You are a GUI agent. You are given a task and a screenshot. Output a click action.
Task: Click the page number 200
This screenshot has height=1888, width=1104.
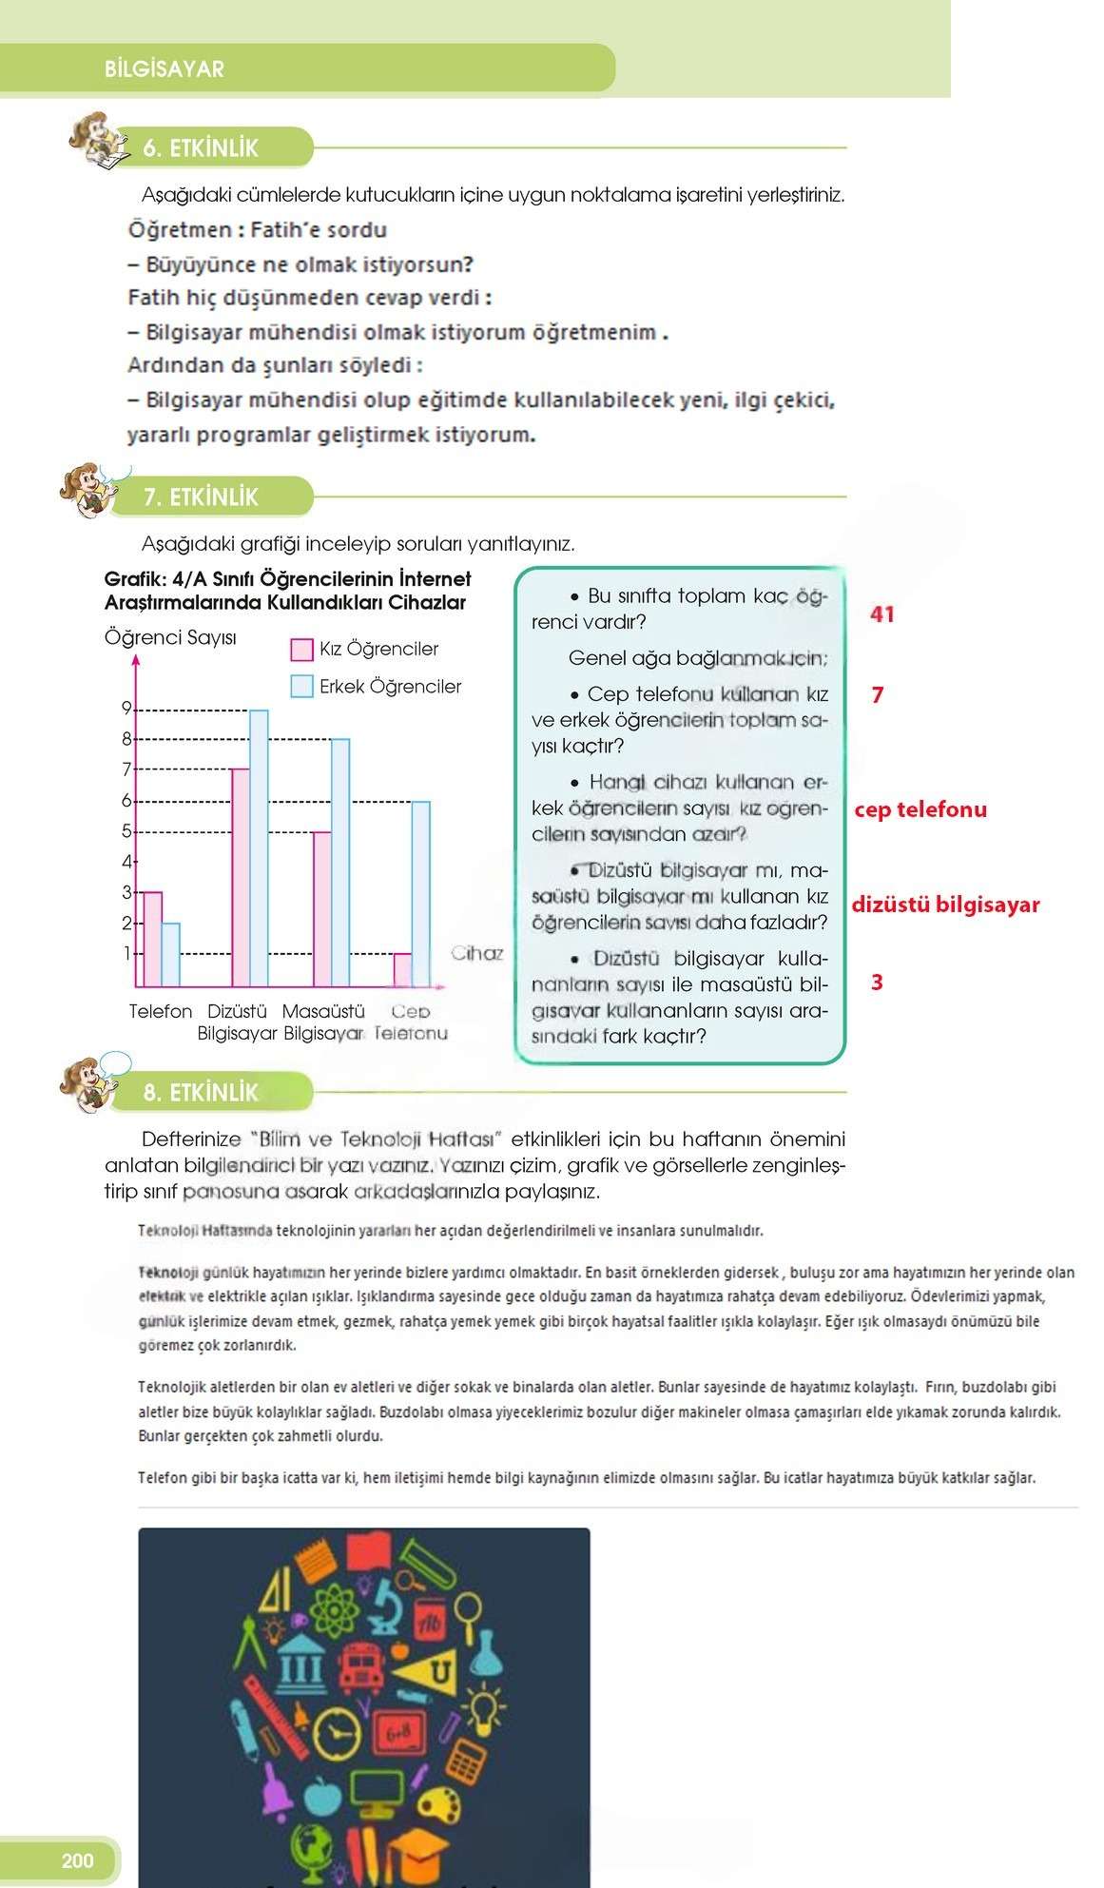pyautogui.click(x=77, y=1860)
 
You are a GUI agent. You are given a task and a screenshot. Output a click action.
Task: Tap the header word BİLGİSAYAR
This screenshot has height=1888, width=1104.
pyautogui.click(x=165, y=69)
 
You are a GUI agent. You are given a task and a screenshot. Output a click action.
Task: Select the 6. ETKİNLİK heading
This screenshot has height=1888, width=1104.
pyautogui.click(x=201, y=148)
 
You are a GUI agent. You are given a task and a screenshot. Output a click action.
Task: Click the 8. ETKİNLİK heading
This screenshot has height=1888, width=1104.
pyautogui.click(x=201, y=1093)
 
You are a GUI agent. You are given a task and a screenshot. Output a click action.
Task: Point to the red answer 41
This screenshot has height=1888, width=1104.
pyautogui.click(x=881, y=614)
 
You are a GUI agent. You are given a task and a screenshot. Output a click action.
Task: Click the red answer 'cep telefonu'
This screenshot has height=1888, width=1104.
pyautogui.click(x=920, y=809)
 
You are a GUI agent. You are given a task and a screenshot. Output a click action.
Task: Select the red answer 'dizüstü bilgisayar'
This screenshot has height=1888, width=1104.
pyautogui.click(x=944, y=905)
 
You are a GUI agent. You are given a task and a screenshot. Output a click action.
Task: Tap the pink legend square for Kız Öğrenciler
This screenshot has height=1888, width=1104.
pyautogui.click(x=301, y=650)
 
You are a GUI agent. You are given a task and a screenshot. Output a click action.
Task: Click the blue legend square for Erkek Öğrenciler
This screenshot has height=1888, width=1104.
pyautogui.click(x=301, y=686)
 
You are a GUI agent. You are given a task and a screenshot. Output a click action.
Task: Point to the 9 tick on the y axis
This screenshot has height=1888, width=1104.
pyautogui.click(x=126, y=708)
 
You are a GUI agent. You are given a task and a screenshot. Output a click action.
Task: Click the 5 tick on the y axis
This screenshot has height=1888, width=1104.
pyautogui.click(x=126, y=831)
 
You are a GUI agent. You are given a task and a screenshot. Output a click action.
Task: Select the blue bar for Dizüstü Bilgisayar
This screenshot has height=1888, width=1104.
pyautogui.click(x=259, y=847)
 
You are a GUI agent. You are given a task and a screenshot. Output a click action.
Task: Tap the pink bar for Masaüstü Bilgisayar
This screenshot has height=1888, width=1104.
pyautogui.click(x=322, y=908)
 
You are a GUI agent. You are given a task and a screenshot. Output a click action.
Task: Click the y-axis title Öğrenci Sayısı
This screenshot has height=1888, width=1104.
pyautogui.click(x=170, y=637)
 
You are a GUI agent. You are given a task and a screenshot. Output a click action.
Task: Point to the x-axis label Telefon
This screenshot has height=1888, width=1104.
pyautogui.click(x=161, y=1011)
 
